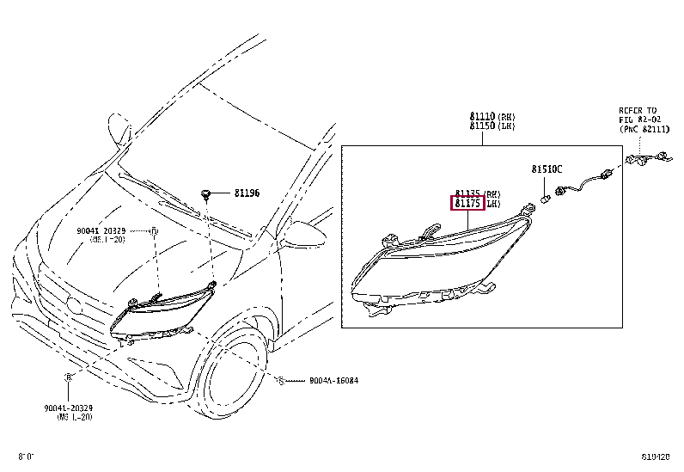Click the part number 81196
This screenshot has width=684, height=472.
[x=248, y=194]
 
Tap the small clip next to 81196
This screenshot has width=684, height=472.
[x=207, y=192]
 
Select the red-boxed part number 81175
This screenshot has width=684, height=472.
[x=468, y=205]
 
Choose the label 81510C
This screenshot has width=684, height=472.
[x=546, y=169]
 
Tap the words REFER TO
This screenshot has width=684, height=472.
[x=638, y=111]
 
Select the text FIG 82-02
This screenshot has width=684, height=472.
[x=638, y=120]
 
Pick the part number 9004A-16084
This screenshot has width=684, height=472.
[x=310, y=381]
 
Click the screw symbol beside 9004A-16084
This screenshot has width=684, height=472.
[x=281, y=381]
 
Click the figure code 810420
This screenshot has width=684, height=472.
[x=657, y=456]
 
